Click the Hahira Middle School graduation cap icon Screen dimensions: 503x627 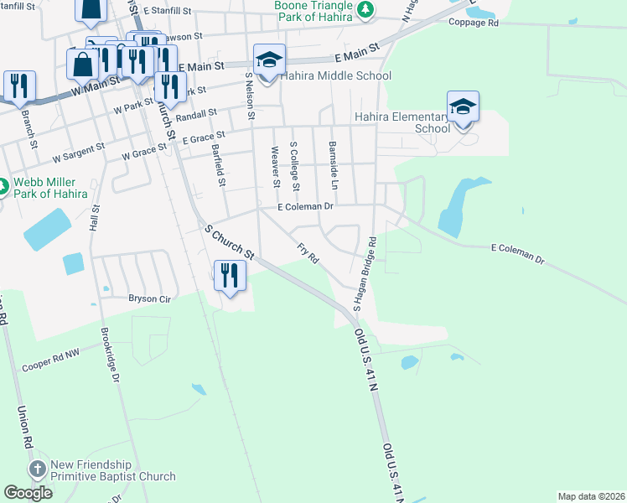(x=268, y=61)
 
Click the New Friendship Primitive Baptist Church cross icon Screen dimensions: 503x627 (x=37, y=469)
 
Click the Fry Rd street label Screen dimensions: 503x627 (x=308, y=253)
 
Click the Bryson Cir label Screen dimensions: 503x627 (x=149, y=298)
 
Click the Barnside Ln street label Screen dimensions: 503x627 (x=333, y=164)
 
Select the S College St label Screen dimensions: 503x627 (x=294, y=164)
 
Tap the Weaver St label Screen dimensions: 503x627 (x=274, y=165)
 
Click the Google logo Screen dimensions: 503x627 (x=28, y=493)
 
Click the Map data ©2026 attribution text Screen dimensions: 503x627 (x=590, y=495)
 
